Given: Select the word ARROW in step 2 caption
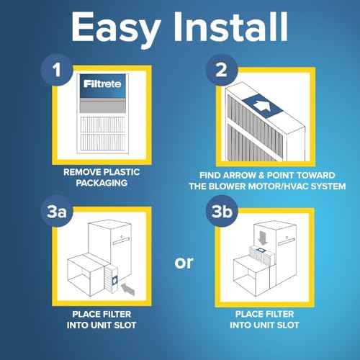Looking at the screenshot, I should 244,174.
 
